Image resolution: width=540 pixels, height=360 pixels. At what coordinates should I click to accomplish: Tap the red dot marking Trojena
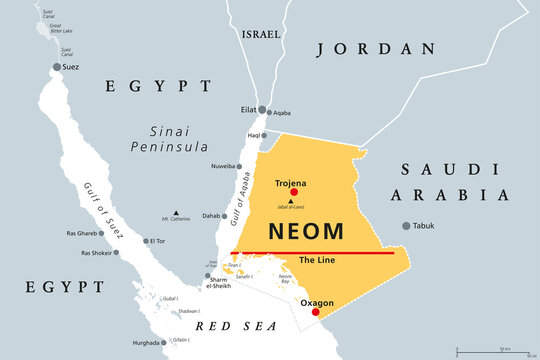tap(294, 192)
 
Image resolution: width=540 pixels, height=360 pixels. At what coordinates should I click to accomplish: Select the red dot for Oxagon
tap(316, 312)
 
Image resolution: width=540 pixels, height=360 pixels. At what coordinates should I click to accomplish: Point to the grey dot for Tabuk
tap(406, 226)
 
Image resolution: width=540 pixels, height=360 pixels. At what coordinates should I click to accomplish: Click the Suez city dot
tap(57, 67)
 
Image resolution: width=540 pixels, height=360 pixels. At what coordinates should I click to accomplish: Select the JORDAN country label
tap(375, 48)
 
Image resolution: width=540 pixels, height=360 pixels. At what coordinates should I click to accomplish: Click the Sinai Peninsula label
tap(167, 139)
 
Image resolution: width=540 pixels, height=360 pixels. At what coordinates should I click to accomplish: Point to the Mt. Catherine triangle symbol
tap(176, 212)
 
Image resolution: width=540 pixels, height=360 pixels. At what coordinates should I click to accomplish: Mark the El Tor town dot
tap(146, 240)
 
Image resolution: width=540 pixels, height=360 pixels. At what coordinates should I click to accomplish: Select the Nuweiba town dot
tap(240, 166)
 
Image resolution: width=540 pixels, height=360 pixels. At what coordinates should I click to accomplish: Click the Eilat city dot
tap(262, 110)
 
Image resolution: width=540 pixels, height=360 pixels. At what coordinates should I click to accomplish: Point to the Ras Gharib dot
tap(102, 233)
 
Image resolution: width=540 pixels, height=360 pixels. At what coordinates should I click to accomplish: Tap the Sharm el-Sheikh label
tap(218, 282)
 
